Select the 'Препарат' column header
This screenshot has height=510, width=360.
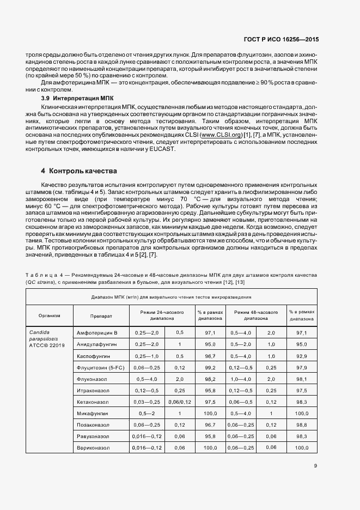(101, 315)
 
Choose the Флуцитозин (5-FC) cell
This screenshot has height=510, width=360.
(101, 367)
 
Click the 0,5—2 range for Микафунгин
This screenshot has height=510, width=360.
(147, 413)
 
